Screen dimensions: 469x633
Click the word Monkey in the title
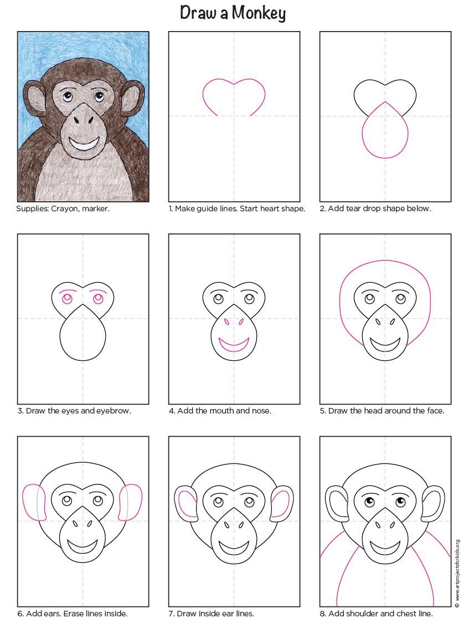[259, 13]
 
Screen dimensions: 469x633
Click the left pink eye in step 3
[67, 299]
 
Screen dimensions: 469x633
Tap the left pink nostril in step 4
[226, 321]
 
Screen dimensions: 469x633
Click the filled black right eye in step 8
[400, 501]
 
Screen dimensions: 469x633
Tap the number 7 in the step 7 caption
[170, 614]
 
